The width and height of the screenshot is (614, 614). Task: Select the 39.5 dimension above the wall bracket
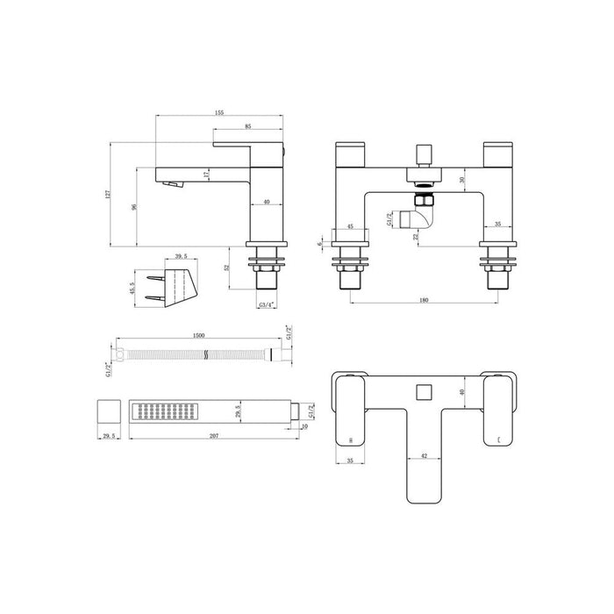182,257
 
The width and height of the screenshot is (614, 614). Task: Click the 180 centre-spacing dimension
425,301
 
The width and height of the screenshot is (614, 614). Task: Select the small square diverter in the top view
425,387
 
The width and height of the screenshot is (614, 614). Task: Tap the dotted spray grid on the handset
164,411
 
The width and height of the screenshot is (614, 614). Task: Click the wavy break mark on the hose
205,356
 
